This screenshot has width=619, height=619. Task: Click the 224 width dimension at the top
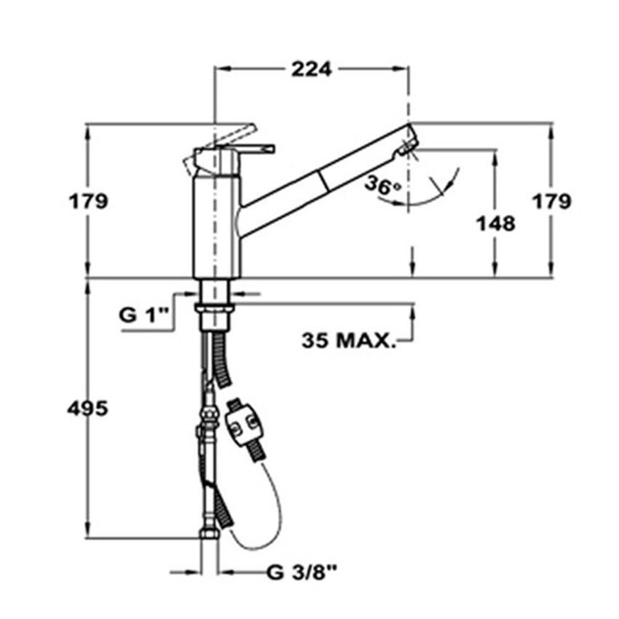tap(312, 70)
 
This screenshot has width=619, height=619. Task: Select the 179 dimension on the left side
tap(88, 201)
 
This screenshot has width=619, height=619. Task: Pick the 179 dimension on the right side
tap(552, 201)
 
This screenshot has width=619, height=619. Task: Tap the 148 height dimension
tap(496, 224)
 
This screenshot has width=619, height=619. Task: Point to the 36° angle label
tap(382, 186)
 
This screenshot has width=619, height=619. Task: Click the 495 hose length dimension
tap(87, 409)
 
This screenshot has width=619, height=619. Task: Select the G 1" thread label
tap(144, 316)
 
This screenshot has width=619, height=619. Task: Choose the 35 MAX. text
tap(349, 340)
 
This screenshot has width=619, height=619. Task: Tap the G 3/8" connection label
tap(301, 572)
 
